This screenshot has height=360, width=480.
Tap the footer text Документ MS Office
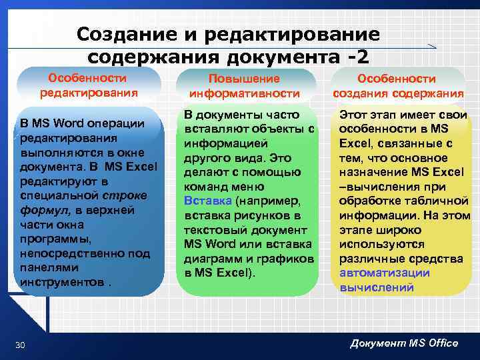(404, 343)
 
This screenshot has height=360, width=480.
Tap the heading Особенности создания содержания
(398, 86)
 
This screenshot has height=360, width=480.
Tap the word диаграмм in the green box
(211, 259)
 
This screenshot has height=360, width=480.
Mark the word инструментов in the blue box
(62, 282)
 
